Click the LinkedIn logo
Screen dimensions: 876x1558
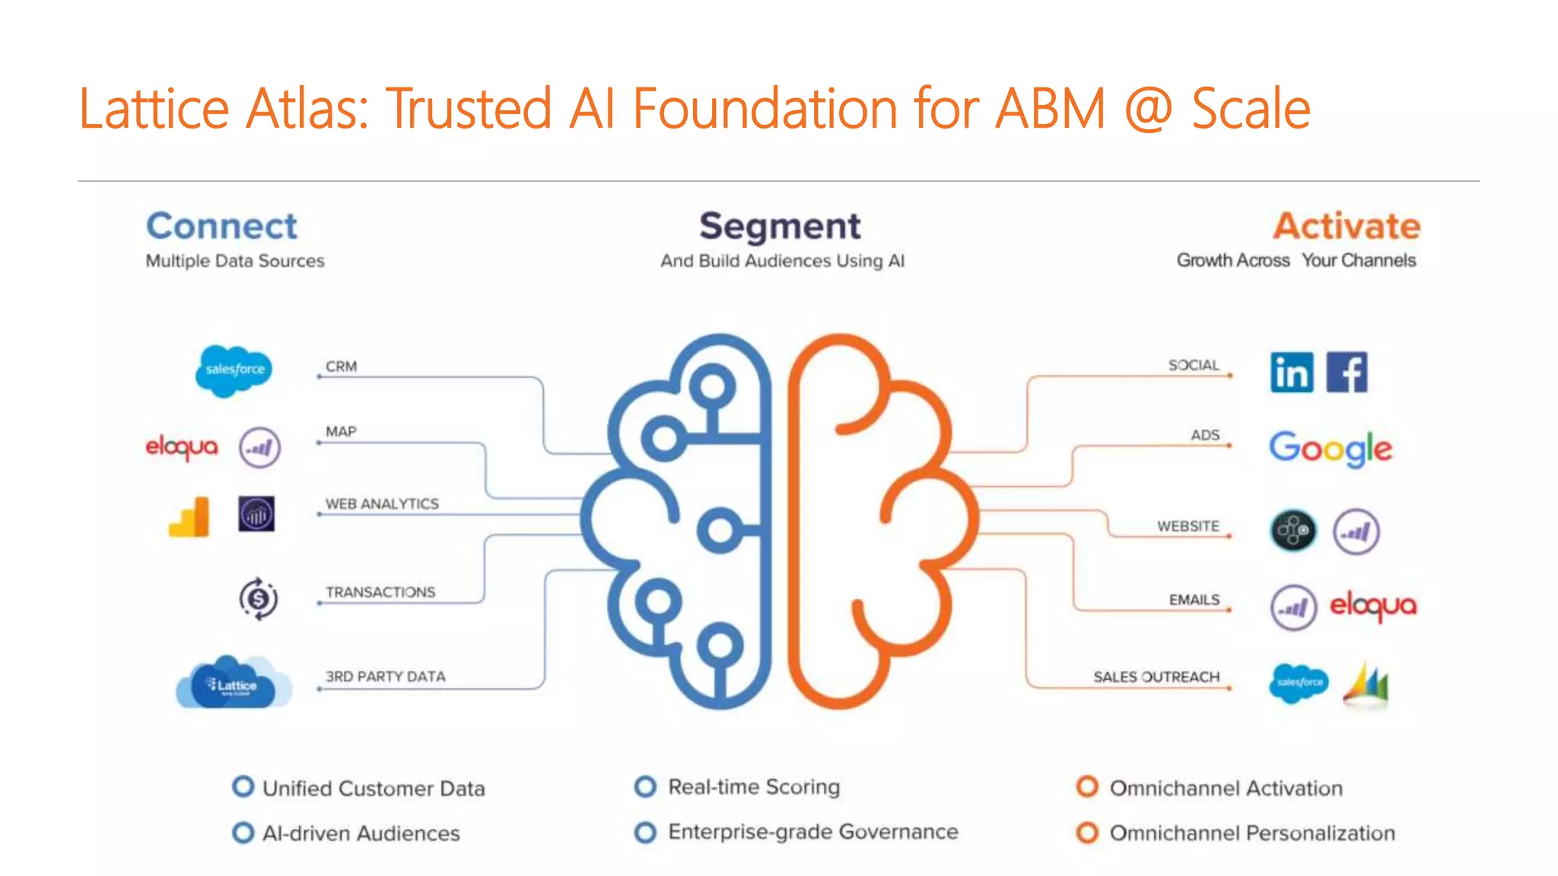pos(1292,373)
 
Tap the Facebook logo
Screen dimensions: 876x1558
pos(1347,372)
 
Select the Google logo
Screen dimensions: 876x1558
pos(1330,449)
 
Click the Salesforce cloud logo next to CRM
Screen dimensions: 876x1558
pos(234,370)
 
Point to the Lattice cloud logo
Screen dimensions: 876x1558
pos(233,683)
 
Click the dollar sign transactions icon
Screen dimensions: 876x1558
pos(259,598)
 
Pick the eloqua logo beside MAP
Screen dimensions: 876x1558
pos(182,447)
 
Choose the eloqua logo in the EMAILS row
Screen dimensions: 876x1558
pos(1372,606)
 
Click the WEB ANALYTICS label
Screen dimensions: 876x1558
pos(382,504)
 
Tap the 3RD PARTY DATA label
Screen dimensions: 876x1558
pos(385,676)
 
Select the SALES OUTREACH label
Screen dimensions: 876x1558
pos(1156,677)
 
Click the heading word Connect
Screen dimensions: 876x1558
pos(221,226)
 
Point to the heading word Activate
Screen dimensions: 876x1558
pos(1347,226)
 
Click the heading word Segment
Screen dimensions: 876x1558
pos(780,226)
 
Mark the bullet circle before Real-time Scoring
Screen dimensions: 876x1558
pos(645,786)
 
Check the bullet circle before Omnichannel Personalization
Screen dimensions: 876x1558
pos(1087,833)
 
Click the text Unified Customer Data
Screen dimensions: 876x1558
pos(374,789)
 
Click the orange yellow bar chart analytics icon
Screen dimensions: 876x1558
pos(189,517)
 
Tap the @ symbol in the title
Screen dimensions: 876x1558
pos(1148,109)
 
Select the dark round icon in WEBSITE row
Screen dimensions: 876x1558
pos(1293,530)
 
